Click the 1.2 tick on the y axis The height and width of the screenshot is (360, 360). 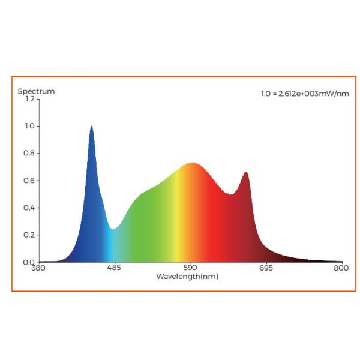[29, 98]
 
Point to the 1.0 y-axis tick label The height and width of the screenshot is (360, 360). [29, 126]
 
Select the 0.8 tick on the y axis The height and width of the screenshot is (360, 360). [29, 153]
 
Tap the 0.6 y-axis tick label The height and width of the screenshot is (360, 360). [29, 181]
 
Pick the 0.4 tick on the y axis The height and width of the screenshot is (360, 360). [29, 208]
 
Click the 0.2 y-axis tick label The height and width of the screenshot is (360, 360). [29, 235]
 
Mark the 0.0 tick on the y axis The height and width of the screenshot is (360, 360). [29, 262]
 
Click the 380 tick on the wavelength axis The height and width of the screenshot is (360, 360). [39, 268]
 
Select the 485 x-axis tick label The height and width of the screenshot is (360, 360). [115, 268]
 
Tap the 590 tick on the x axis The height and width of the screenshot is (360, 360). [190, 268]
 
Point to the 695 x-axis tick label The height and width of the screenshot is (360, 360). [266, 268]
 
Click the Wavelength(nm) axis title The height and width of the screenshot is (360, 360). [187, 277]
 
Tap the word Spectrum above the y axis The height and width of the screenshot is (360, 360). [36, 91]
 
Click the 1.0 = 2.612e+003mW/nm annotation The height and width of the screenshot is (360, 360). [305, 94]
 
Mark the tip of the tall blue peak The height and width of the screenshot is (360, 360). [91, 127]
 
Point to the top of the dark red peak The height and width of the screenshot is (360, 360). [246, 172]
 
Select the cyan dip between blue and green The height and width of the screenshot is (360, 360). [112, 229]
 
